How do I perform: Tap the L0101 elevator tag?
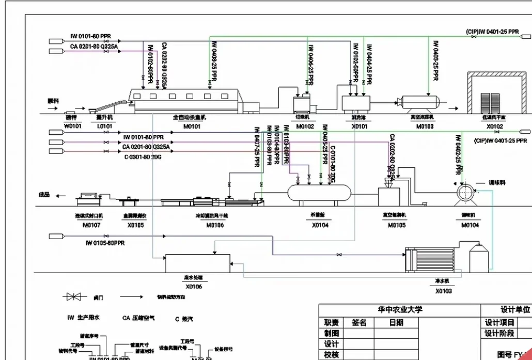coord(105,126)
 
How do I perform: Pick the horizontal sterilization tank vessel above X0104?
coord(319,195)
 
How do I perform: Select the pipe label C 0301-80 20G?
coord(143,157)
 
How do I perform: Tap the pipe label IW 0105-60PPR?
coord(105,243)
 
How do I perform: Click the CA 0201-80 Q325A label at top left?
coord(94,46)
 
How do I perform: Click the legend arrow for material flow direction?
coord(131,297)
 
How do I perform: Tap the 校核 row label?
coord(331,354)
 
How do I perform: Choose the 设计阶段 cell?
coord(499,333)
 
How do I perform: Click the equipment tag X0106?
coord(194,286)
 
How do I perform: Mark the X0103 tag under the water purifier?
coord(443,291)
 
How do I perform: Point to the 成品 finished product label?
coord(44,195)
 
